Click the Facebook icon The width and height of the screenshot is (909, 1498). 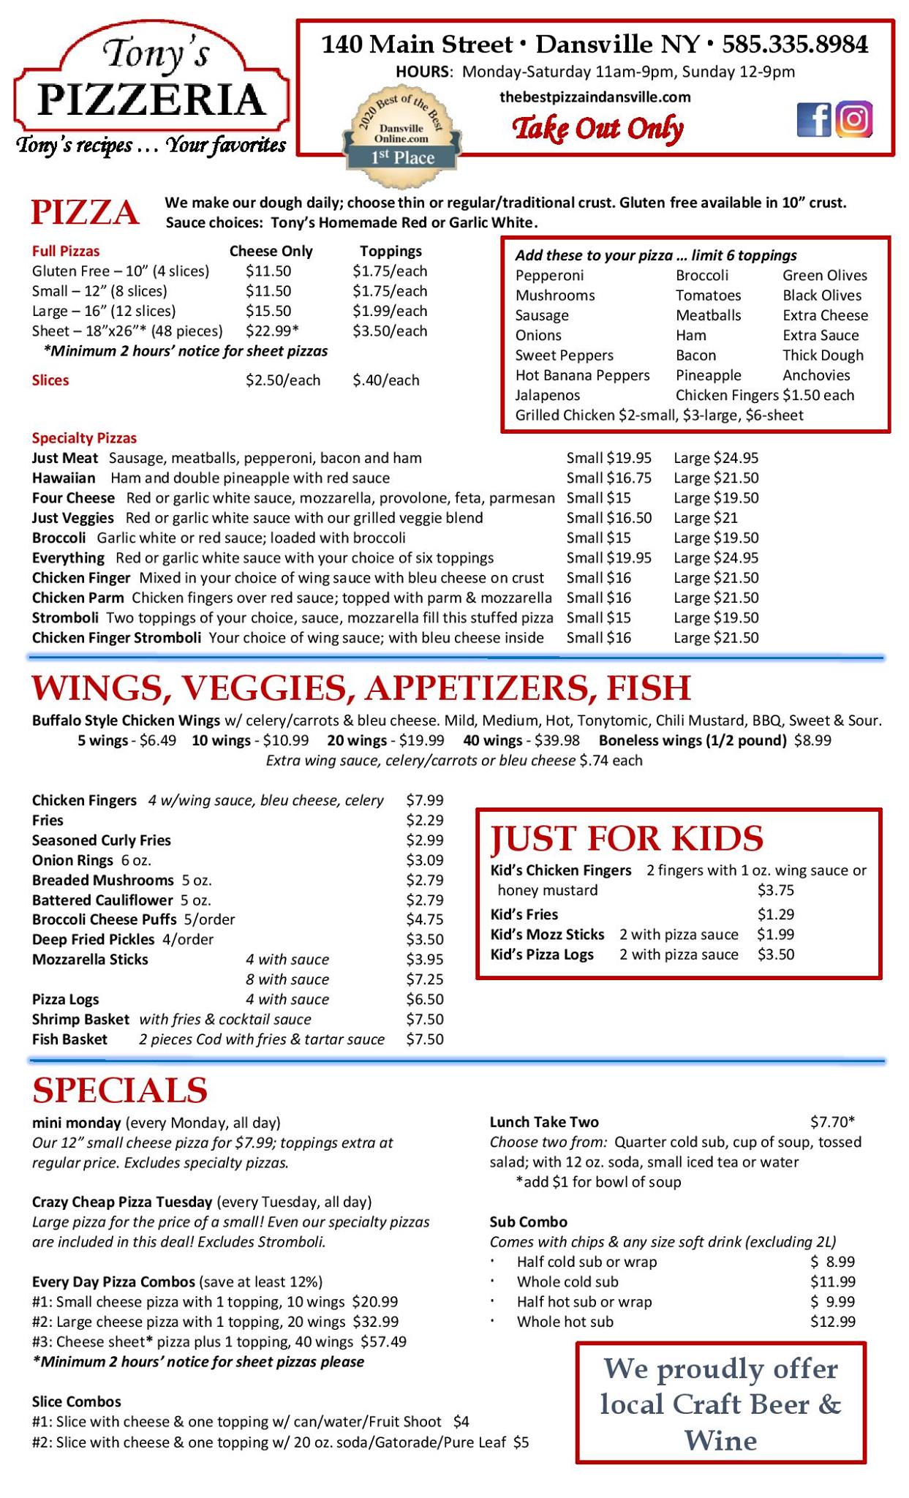(x=813, y=119)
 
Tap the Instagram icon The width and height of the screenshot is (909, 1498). (x=853, y=119)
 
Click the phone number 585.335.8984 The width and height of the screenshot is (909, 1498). (x=795, y=45)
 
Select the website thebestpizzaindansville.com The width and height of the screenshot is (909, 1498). (x=595, y=97)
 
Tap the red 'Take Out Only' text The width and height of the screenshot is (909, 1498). (x=598, y=129)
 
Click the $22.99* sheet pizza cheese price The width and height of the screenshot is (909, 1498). (x=272, y=331)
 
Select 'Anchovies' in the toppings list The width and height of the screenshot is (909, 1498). (x=816, y=375)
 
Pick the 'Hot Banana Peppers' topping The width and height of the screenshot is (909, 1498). (x=582, y=375)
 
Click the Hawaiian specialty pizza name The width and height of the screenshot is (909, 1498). (x=64, y=478)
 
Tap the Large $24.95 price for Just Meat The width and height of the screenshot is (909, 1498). (x=716, y=458)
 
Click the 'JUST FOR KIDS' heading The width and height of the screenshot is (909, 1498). (x=627, y=838)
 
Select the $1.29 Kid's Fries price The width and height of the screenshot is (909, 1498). (x=775, y=914)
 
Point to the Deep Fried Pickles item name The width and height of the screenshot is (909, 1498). (x=93, y=939)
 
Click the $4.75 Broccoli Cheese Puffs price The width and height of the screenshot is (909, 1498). (x=424, y=919)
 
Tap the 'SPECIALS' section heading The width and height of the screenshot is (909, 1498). (x=120, y=1089)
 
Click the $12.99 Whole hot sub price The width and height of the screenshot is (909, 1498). (x=832, y=1322)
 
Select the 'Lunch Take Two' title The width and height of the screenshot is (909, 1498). (x=543, y=1122)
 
